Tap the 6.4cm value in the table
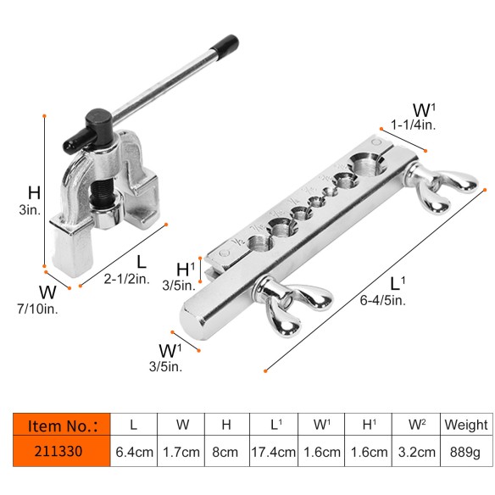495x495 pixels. click(x=133, y=452)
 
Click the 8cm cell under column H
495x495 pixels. click(x=226, y=452)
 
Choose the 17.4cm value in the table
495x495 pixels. click(x=275, y=452)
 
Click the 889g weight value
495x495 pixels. click(x=465, y=452)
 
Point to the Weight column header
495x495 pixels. click(x=465, y=424)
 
